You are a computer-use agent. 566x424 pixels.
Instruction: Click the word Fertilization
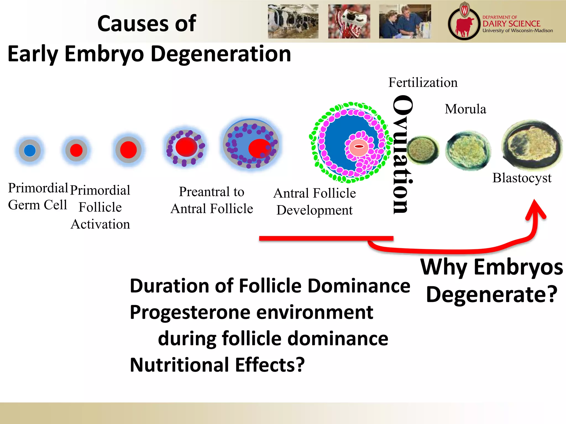click(423, 83)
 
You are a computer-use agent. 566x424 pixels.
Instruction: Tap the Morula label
click(465, 109)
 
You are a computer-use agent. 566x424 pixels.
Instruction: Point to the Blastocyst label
click(522, 178)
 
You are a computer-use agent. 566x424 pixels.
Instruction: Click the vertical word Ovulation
click(402, 155)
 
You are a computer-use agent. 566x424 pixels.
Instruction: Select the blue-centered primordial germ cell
click(30, 150)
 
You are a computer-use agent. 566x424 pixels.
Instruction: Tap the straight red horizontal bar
click(326, 238)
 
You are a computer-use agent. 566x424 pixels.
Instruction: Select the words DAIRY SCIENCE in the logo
click(511, 24)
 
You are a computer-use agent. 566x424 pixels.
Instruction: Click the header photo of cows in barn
click(293, 21)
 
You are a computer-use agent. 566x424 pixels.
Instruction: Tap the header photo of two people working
click(405, 21)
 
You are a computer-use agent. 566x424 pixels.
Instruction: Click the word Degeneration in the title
click(221, 54)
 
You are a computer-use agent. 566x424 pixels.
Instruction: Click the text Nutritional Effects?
click(217, 365)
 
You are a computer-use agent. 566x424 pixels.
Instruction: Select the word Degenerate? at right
click(492, 295)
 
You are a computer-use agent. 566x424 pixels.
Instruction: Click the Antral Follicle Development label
click(315, 202)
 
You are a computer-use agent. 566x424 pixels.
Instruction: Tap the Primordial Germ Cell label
click(38, 196)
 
